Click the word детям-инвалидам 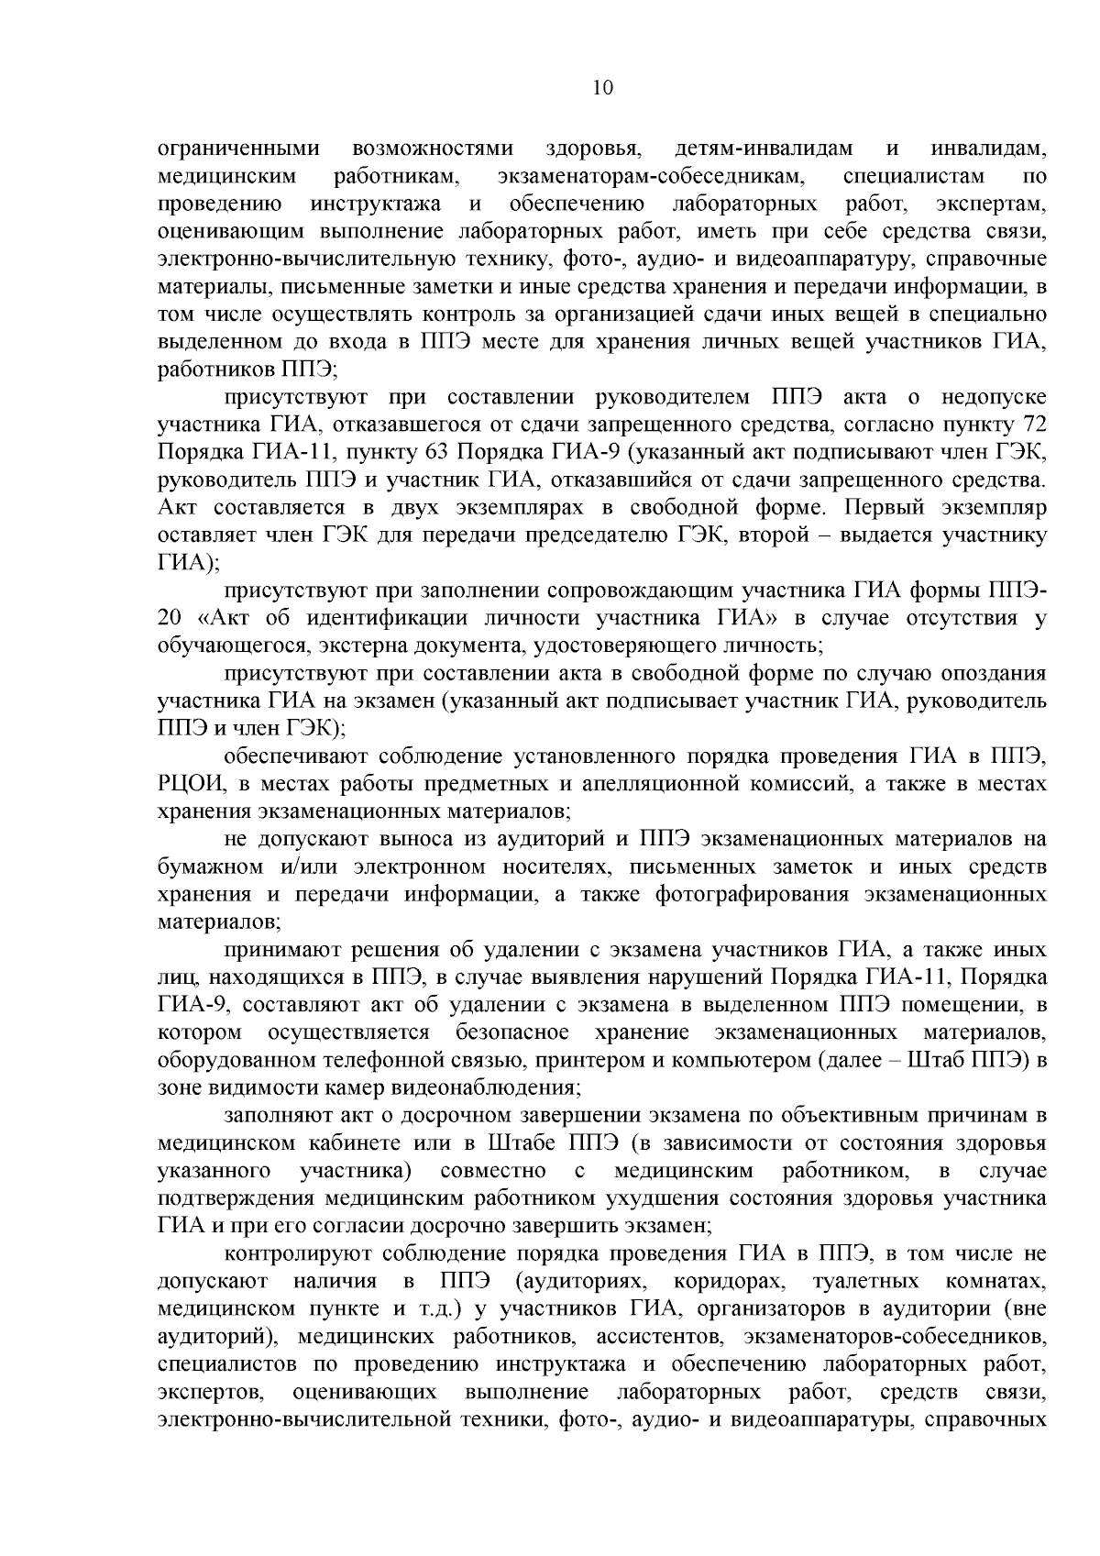click(x=764, y=149)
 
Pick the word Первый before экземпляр click(x=879, y=508)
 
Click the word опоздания click(x=995, y=674)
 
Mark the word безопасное click(x=511, y=1032)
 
